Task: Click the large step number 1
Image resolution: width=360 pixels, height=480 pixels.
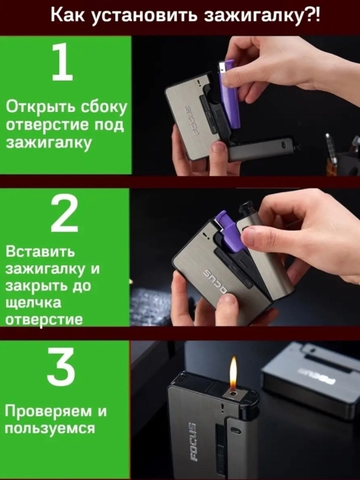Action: (63, 61)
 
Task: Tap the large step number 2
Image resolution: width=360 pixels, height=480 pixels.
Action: (65, 213)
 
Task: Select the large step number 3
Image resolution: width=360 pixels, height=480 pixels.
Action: (61, 367)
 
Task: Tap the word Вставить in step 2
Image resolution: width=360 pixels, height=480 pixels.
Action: (40, 251)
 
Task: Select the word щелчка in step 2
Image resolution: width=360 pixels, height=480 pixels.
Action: (33, 303)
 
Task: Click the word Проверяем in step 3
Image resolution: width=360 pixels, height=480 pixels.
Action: (49, 411)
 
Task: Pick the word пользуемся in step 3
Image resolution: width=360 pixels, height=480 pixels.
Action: (50, 427)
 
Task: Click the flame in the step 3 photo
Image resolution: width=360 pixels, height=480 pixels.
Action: (233, 373)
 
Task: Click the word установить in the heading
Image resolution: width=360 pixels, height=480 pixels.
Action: (144, 15)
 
